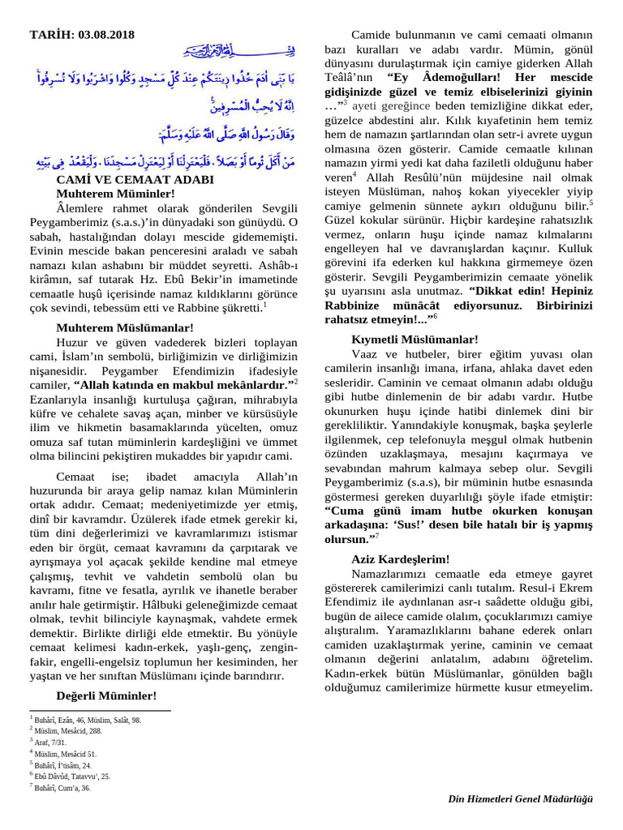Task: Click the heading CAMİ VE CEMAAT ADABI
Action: click(135, 180)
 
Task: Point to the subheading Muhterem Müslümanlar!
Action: click(125, 327)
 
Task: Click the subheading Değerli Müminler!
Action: click(106, 695)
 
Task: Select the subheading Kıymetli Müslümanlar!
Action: click(415, 339)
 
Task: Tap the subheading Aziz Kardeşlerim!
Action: click(400, 559)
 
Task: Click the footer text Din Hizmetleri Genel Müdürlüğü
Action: click(521, 799)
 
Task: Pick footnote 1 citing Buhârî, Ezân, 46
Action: click(88, 719)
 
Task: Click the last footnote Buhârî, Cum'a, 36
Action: click(64, 787)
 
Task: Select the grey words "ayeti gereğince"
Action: click(386, 106)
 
